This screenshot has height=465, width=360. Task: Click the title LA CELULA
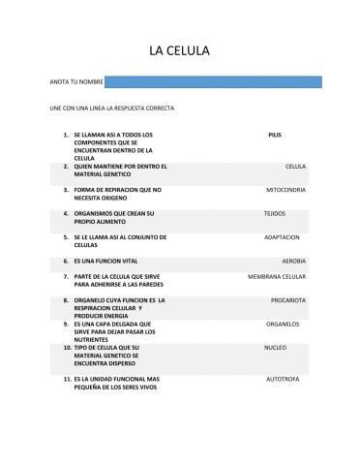click(x=179, y=50)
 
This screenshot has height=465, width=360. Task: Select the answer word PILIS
click(x=274, y=135)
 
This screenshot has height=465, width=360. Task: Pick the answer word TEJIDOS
click(x=275, y=213)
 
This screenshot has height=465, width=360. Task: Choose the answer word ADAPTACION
click(x=282, y=236)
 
